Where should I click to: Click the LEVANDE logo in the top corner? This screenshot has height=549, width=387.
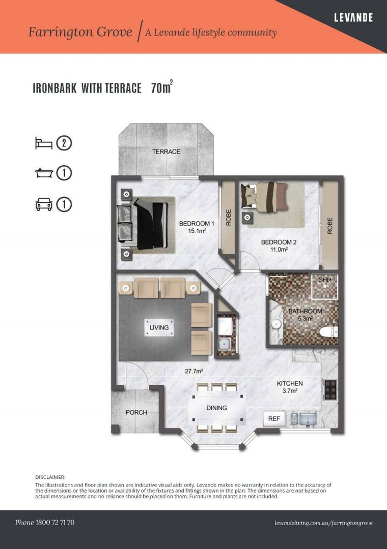click(x=353, y=18)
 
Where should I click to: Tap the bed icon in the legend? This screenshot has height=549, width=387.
click(x=44, y=143)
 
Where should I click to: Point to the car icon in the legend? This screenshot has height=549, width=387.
click(x=44, y=204)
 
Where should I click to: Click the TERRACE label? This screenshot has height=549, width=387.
click(x=166, y=151)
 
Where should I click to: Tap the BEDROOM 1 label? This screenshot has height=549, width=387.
click(x=196, y=224)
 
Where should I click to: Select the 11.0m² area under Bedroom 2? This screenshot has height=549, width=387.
click(x=279, y=250)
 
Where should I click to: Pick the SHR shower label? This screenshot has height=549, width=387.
click(x=325, y=280)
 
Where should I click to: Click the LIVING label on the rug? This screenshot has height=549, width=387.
click(x=159, y=327)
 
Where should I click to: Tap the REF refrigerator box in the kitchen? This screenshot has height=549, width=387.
click(x=274, y=419)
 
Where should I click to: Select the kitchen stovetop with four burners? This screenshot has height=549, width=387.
click(x=330, y=390)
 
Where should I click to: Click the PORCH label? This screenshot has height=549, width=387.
click(x=136, y=412)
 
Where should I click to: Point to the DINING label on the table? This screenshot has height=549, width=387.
click(x=216, y=408)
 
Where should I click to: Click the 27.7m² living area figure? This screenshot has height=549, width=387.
click(x=193, y=371)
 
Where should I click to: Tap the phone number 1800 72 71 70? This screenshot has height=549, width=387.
click(x=45, y=523)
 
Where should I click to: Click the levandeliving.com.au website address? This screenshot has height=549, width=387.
click(x=323, y=523)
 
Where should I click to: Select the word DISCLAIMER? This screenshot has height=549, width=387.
click(x=50, y=477)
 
